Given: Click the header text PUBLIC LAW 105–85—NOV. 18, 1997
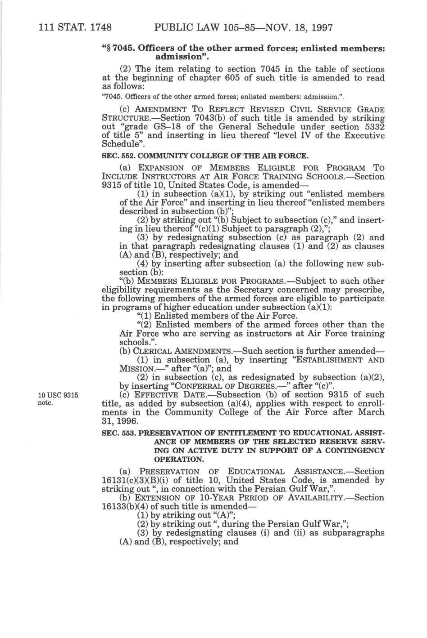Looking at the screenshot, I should (x=243, y=28).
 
